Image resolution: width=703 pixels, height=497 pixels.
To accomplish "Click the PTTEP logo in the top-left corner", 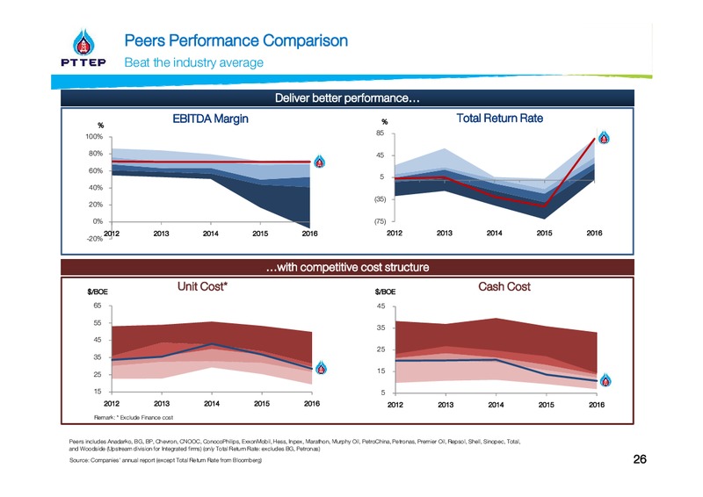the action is coord(83,48).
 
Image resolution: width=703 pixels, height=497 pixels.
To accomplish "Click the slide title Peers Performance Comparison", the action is coord(236,40).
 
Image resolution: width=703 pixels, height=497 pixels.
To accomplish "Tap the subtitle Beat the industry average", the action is coord(193,62).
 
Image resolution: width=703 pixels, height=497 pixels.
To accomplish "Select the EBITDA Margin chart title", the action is coord(210,119).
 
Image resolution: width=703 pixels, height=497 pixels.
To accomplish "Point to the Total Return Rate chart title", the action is coord(499,119).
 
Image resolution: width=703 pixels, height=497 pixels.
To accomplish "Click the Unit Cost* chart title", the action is coord(202,286).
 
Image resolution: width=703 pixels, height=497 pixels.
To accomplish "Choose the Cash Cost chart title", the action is coord(504,287).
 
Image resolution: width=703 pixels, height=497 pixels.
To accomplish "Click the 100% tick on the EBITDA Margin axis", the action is coord(94,137).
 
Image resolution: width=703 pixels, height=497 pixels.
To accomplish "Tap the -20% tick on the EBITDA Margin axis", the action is coord(95,239).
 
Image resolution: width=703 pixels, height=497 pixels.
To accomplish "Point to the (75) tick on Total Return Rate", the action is coord(380,221).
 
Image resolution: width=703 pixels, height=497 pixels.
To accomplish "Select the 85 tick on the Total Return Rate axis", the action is coord(380,133).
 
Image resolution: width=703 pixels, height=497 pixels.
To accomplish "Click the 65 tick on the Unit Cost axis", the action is coord(98,306).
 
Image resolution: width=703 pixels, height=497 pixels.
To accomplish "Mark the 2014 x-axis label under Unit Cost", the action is coord(212,404).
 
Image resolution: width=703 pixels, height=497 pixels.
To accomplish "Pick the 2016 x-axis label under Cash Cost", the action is coord(597,405).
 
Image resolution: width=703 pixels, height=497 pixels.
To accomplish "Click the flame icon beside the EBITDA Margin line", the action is coord(320,162).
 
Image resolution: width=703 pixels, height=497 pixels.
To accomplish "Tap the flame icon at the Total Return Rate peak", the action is coord(604,137).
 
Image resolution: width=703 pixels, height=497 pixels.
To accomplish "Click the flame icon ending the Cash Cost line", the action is coord(605,380).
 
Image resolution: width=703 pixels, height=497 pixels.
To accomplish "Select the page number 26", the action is coord(640,459).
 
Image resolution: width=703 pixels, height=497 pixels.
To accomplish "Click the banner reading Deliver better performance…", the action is coord(347,98).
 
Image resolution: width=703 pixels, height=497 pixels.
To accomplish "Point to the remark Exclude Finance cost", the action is coord(134,418).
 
